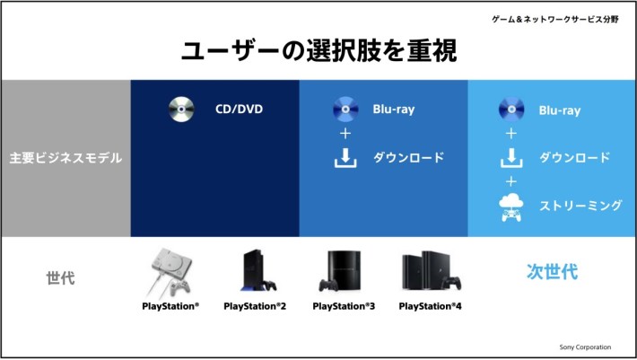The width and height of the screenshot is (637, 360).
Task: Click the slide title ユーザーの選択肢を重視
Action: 318,50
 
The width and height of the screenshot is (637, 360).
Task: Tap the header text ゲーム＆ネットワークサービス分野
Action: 555,19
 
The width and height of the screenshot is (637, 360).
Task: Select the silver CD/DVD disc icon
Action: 181,110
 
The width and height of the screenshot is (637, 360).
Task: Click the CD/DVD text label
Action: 239,110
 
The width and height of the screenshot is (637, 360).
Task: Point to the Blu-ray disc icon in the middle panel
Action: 345,110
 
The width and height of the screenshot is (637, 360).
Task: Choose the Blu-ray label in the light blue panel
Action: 560,110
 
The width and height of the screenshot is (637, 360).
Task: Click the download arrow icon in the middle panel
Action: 345,158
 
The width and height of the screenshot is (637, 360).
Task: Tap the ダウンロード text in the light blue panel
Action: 574,158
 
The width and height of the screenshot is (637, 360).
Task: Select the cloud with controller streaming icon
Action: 511,207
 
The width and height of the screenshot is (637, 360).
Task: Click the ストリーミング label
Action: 580,206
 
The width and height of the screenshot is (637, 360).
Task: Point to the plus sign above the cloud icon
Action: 511,181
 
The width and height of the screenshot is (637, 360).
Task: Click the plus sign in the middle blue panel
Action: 345,133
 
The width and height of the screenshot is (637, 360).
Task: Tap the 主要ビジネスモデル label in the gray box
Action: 65,158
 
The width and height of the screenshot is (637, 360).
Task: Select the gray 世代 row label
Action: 60,278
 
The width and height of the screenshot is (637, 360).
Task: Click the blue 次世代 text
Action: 552,271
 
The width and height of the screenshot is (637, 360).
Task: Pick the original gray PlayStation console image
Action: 170,273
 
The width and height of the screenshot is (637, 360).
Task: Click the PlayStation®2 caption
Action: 255,306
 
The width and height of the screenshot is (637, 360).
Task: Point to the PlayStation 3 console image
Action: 340,271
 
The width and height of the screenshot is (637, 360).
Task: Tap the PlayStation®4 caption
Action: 431,306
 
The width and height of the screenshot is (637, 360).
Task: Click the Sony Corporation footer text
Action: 585,347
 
